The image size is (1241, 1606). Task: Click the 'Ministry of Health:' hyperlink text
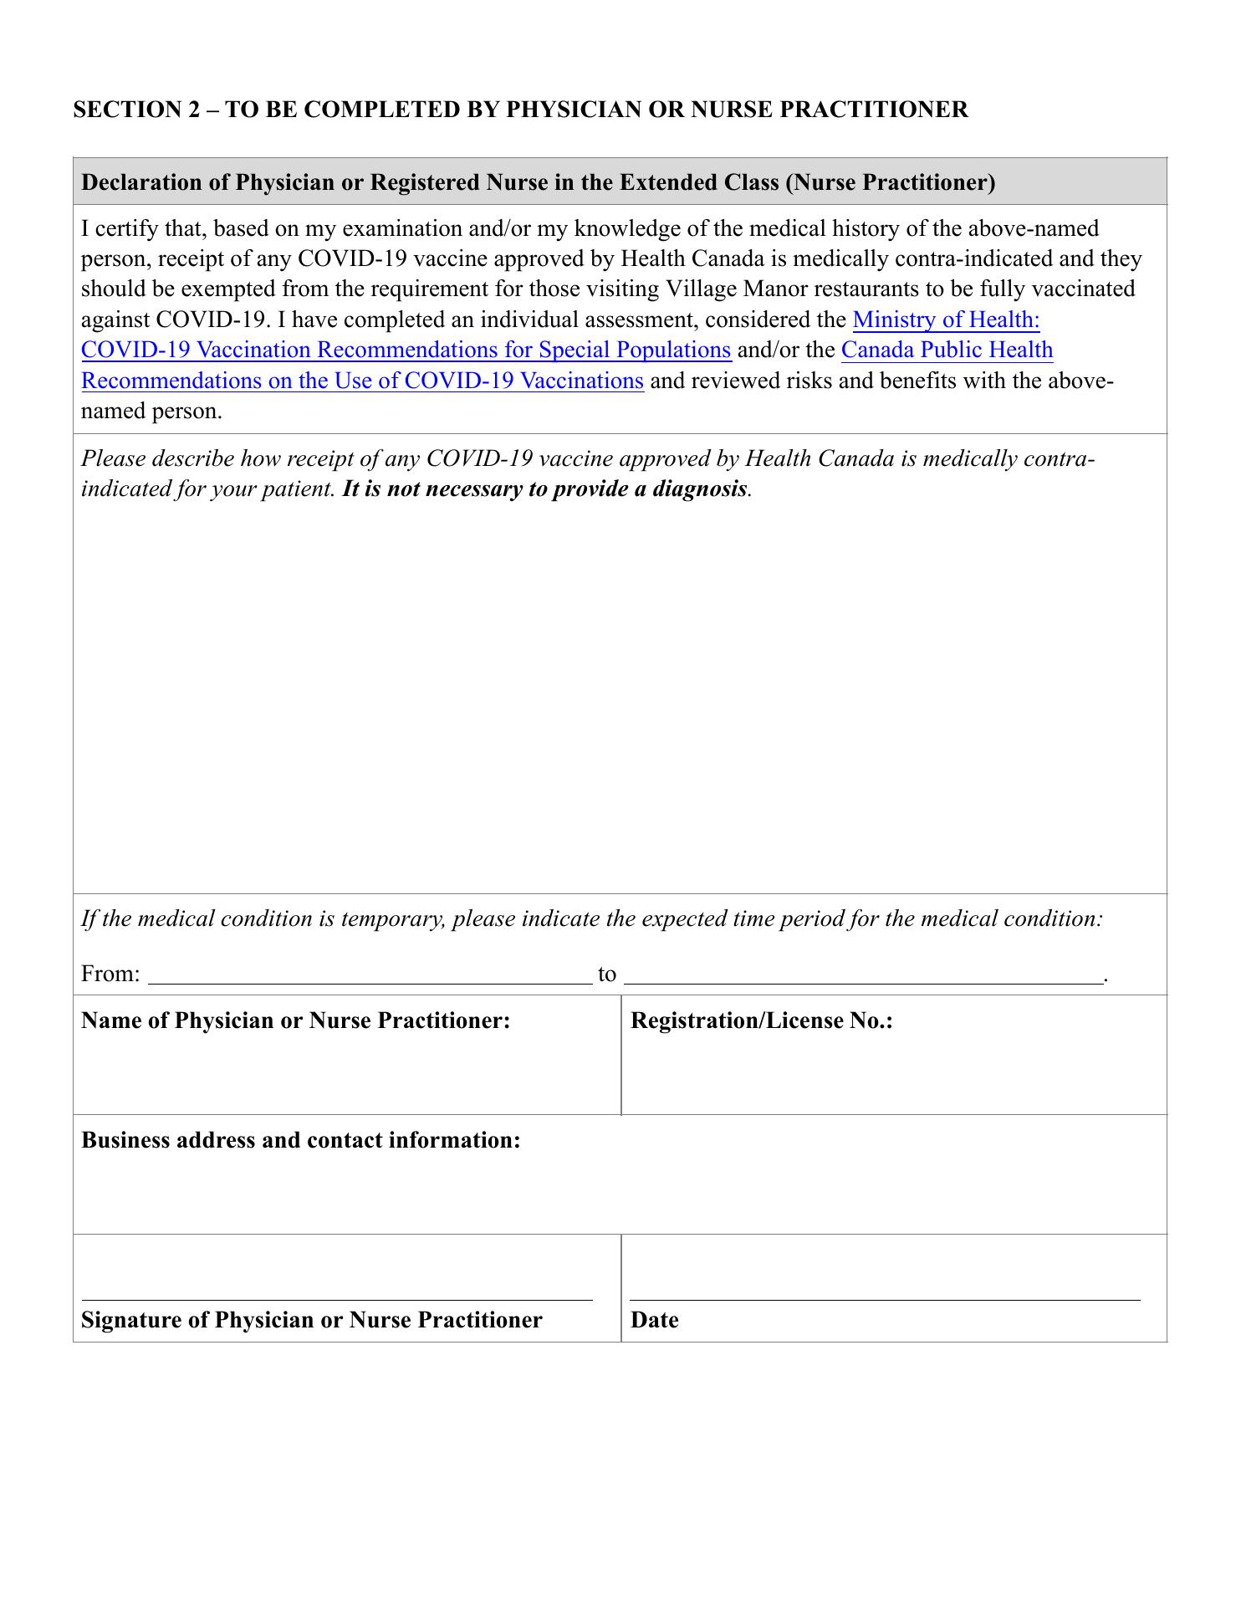tap(946, 320)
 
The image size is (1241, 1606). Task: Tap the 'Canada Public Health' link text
tap(947, 350)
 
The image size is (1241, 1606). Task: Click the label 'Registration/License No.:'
tap(761, 1020)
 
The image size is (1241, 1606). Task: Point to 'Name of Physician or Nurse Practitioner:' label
tap(296, 1020)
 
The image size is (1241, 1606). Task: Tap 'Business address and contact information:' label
tap(301, 1140)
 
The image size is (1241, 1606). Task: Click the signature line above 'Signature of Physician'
tap(337, 1299)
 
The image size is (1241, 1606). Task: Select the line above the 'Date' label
tap(885, 1299)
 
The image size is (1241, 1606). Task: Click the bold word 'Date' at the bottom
tap(654, 1321)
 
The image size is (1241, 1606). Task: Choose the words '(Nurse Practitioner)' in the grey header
tap(891, 182)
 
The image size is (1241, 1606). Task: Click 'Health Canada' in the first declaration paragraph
tap(691, 258)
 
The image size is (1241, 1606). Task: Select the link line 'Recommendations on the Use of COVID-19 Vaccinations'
tap(362, 381)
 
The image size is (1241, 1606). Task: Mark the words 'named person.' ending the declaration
tap(152, 412)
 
